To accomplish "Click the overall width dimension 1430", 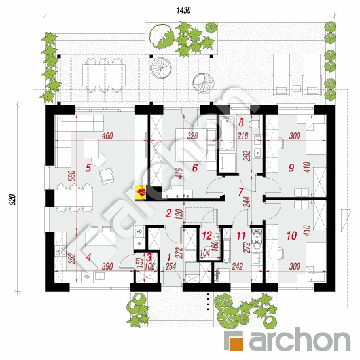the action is click(183, 10).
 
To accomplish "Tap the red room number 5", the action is click(88, 168).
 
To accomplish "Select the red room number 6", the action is click(194, 168).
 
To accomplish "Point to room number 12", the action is click(207, 236).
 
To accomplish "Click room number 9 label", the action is click(291, 168).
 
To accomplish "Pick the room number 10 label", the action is click(291, 236).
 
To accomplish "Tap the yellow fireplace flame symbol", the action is click(141, 192).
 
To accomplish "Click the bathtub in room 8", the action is click(227, 133).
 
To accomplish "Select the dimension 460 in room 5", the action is click(107, 135).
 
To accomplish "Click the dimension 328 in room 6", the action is click(192, 135).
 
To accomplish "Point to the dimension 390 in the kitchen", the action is click(107, 266).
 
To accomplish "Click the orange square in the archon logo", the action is click(236, 344).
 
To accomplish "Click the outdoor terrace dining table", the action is click(104, 75).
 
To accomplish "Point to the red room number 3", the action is click(149, 257).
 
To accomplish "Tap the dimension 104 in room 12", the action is click(205, 253).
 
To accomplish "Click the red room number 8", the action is click(241, 122).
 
